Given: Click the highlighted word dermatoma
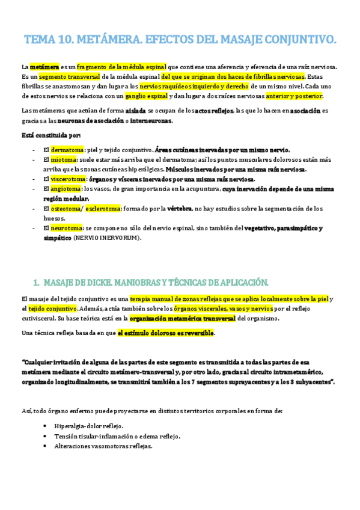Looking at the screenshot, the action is tap(64, 150).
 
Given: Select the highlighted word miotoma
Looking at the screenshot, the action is tap(63, 160).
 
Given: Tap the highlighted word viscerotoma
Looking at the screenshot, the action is tap(67, 179).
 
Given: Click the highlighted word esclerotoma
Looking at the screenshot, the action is tap(102, 209).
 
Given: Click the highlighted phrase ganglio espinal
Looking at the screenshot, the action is tap(146, 96).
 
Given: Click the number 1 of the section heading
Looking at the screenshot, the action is tap(35, 283).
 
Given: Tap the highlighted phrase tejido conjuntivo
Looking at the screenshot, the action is tap(52, 309).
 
